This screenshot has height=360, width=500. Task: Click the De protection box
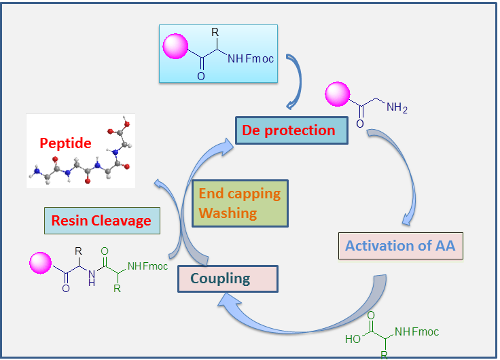291,130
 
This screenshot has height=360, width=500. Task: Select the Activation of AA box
401,246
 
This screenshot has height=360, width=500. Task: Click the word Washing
228,213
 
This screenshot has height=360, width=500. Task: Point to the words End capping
239,193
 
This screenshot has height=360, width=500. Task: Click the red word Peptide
66,144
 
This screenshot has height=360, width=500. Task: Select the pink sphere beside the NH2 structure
338,96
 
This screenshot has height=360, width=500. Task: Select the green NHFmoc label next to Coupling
147,266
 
